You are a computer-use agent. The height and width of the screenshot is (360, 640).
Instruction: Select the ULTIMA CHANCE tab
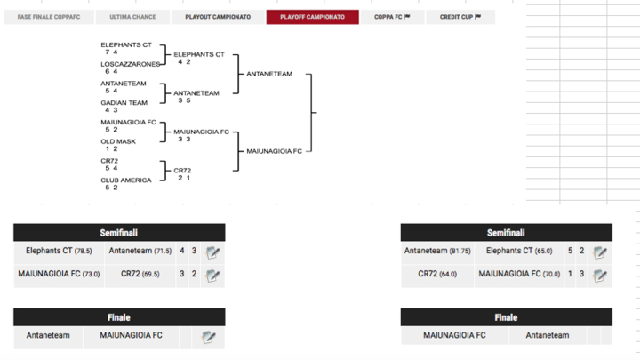tap(132, 17)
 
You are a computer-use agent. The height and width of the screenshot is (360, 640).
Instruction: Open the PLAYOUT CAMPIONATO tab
tap(218, 17)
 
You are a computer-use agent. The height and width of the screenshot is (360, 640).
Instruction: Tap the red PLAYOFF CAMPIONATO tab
tap(312, 17)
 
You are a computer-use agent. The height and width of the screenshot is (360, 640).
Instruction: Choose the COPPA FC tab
tap(392, 17)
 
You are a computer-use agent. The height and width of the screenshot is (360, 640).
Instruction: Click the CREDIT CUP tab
tap(460, 17)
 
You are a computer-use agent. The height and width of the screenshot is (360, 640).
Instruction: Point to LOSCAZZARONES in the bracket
tap(131, 64)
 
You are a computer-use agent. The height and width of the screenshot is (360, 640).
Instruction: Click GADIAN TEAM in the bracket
tap(124, 102)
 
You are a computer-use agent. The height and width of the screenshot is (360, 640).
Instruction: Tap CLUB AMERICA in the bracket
tap(125, 180)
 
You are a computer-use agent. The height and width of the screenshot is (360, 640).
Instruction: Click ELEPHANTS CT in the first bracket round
tap(125, 44)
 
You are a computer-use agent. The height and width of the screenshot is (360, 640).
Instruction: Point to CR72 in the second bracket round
tap(182, 170)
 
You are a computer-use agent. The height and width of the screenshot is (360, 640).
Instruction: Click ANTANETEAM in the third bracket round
tap(269, 74)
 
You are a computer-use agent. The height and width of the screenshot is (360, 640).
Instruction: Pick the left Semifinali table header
tap(119, 233)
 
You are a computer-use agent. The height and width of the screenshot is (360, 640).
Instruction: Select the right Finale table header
tap(506, 317)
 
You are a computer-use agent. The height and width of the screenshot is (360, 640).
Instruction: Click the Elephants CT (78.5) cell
tap(59, 252)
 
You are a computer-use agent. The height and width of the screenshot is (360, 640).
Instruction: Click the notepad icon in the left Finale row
tap(209, 337)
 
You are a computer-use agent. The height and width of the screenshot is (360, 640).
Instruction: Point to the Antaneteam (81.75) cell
tap(437, 252)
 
